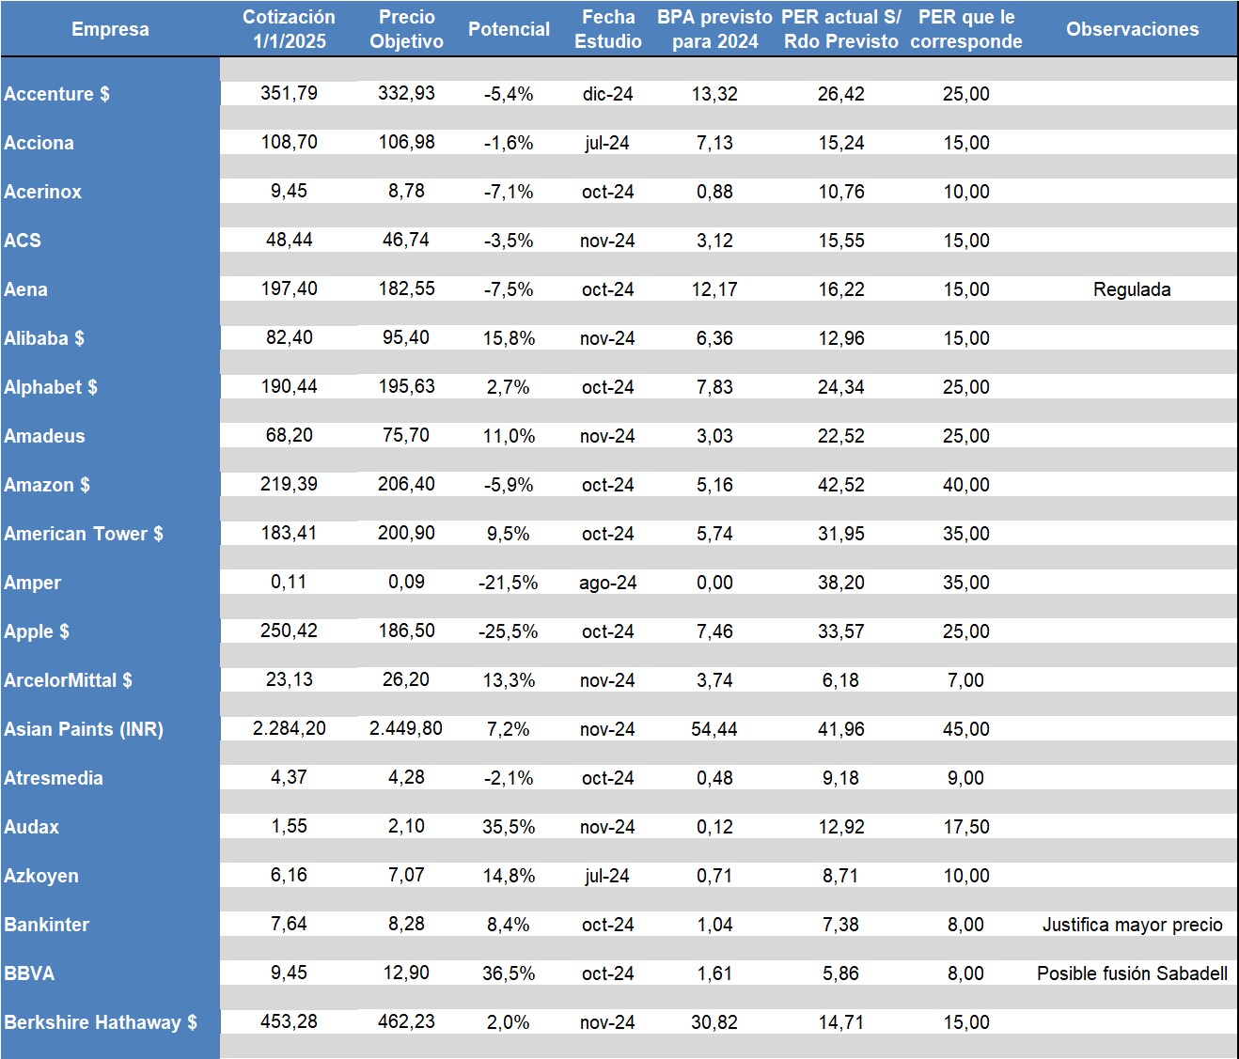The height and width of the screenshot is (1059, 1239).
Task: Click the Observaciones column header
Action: (1132, 29)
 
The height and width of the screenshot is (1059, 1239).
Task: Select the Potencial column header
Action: (509, 29)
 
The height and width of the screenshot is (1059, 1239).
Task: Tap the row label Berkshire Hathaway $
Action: (101, 1022)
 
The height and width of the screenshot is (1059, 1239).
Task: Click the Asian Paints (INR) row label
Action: (84, 729)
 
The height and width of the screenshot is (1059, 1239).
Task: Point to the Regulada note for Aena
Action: (1132, 289)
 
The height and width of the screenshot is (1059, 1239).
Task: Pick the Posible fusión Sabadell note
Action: (1132, 973)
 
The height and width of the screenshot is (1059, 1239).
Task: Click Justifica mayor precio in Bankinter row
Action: (1132, 925)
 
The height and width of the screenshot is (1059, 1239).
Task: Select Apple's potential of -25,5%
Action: (509, 631)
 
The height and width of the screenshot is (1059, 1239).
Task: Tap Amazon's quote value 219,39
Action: (289, 485)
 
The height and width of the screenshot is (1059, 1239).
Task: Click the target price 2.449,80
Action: (406, 729)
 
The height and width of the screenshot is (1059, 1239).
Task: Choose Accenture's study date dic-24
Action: (608, 94)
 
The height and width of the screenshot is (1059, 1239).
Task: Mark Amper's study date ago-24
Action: (608, 583)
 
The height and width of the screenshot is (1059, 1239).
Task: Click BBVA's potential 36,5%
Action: (509, 973)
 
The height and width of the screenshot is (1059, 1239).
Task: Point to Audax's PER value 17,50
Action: (966, 827)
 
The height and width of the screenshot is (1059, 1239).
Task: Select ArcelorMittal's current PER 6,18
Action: (840, 680)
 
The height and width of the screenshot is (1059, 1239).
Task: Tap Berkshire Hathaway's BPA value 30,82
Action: (714, 1022)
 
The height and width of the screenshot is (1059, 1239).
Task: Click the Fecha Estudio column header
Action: (608, 29)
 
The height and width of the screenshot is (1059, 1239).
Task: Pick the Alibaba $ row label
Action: (44, 338)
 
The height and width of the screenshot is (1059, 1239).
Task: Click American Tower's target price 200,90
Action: (406, 534)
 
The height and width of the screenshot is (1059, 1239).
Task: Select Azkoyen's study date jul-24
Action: (608, 876)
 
